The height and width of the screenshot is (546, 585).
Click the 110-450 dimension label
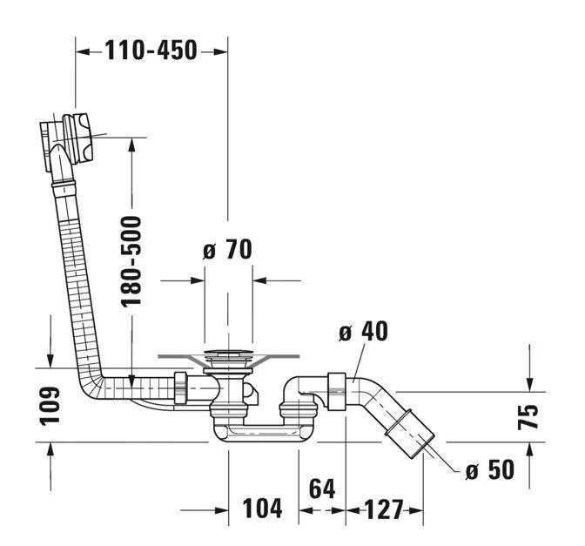click(151, 51)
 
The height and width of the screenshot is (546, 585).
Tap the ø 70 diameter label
click(227, 250)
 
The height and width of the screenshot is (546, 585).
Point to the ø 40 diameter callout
click(363, 332)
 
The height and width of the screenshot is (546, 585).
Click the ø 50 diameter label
click(489, 470)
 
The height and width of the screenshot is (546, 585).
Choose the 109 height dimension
click(50, 406)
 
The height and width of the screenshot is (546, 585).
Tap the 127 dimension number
click(385, 509)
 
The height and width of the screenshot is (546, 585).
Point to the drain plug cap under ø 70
click(228, 356)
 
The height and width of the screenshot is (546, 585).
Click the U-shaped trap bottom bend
click(257, 432)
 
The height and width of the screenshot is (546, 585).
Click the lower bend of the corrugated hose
click(96, 385)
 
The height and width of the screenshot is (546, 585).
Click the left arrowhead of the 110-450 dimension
click(81, 51)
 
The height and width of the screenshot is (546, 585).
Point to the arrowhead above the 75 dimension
click(529, 384)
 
